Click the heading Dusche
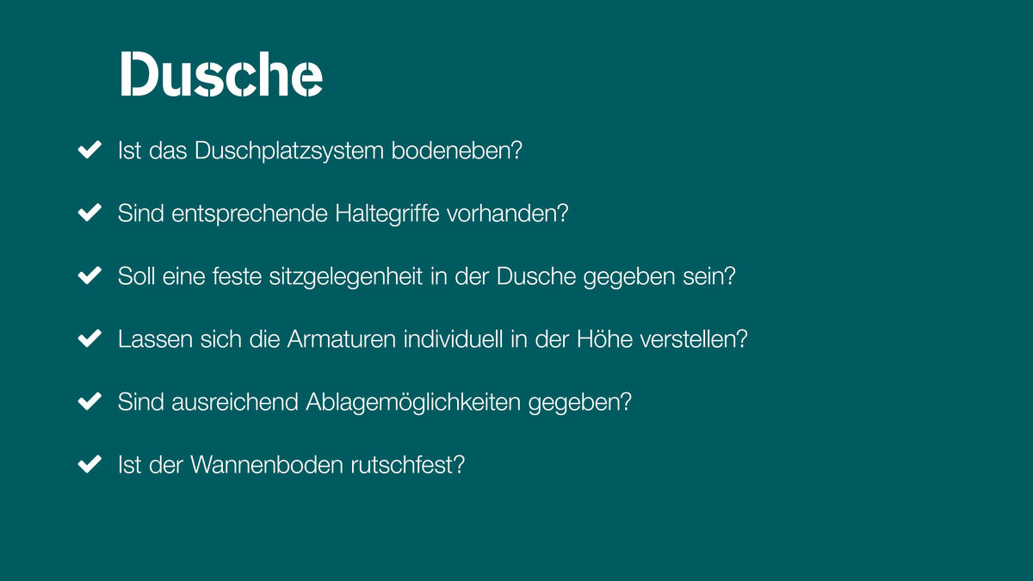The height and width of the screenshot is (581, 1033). (x=221, y=74)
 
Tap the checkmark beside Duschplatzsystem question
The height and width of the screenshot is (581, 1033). (x=90, y=150)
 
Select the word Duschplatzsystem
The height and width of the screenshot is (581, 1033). (x=289, y=151)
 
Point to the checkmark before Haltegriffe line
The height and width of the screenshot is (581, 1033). (x=90, y=213)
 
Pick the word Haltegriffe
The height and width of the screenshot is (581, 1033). (x=387, y=214)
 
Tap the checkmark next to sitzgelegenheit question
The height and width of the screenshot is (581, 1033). (x=90, y=275)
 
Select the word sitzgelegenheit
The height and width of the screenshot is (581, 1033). (x=346, y=277)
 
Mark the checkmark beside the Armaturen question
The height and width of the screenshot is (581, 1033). (x=90, y=338)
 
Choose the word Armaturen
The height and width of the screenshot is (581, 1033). (x=342, y=339)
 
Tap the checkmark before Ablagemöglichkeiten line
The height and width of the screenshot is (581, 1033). (x=90, y=401)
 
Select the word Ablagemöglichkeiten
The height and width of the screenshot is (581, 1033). (x=413, y=403)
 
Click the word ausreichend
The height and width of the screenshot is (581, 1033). (x=235, y=402)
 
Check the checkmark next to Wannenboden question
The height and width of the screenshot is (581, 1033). (x=90, y=464)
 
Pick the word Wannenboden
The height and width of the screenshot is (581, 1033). (x=267, y=464)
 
